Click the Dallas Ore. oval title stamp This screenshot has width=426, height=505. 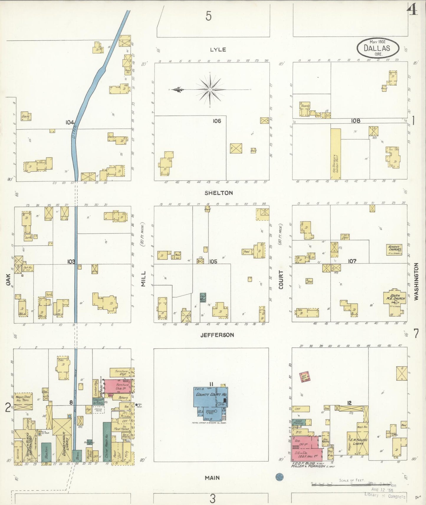(378, 48)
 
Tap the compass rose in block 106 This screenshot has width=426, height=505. (209, 89)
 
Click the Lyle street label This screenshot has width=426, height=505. (218, 49)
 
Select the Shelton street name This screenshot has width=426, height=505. (219, 193)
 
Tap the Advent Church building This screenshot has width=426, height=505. (394, 250)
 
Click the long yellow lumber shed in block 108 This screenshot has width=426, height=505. (335, 154)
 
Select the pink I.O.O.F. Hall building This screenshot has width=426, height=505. (304, 448)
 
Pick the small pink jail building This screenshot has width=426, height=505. (305, 377)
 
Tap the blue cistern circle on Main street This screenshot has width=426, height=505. (279, 477)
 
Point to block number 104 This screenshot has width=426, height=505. (70, 122)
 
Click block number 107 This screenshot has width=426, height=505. (352, 261)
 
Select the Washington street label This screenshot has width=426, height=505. (416, 282)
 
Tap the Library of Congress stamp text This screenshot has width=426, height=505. (385, 496)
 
